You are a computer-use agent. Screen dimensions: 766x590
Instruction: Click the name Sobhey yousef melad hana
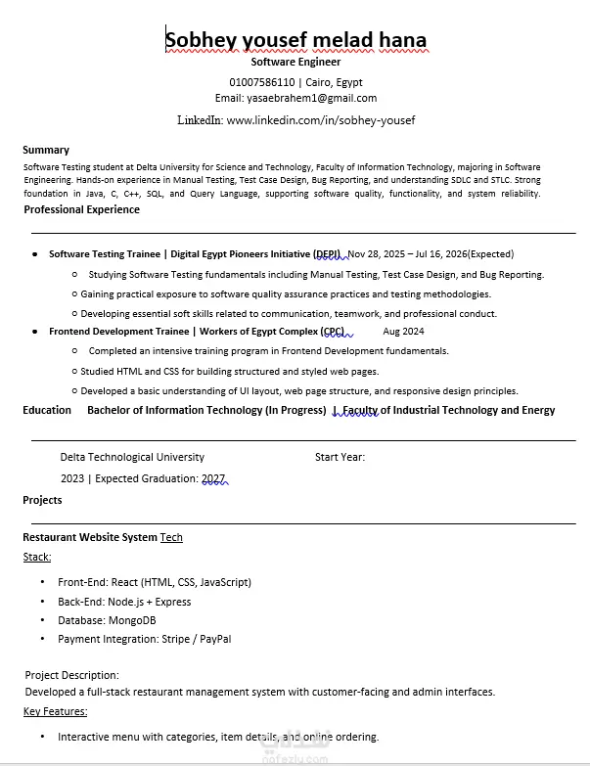(295, 40)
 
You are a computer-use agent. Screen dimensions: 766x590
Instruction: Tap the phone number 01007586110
(261, 81)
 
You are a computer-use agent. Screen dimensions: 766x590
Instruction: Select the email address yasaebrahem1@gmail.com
(310, 98)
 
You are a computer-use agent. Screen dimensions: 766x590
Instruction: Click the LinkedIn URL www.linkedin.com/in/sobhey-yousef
(321, 120)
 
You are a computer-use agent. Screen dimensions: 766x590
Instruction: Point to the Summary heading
(46, 150)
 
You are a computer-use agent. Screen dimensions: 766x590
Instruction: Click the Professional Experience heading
(81, 209)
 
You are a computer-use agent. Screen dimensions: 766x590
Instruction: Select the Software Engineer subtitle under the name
(295, 62)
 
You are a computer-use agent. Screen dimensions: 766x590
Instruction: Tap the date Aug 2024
(403, 332)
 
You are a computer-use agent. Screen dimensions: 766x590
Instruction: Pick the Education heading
(47, 410)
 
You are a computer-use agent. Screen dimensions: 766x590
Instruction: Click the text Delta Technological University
(132, 457)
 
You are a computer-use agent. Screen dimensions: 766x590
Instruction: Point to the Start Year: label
(340, 457)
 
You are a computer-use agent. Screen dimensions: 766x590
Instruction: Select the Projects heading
(42, 500)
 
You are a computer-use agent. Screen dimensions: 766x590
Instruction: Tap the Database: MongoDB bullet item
(107, 620)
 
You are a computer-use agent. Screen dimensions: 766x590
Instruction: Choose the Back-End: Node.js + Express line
(124, 602)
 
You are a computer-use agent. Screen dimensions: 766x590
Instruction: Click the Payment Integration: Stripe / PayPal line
(144, 639)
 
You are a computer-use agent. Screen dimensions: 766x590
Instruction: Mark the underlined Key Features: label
(55, 711)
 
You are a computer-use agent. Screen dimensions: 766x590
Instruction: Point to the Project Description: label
(71, 675)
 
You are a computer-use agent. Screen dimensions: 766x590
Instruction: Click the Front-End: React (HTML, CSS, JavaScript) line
(154, 582)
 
